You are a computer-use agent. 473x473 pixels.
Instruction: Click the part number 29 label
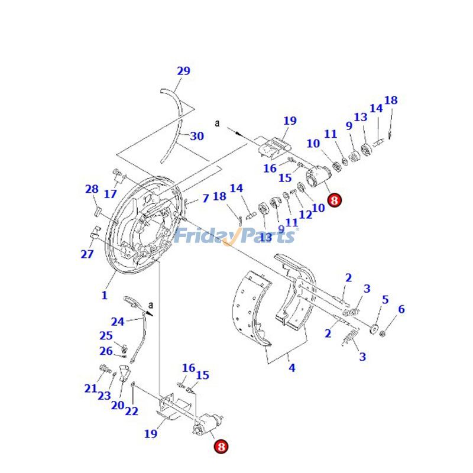[x=183, y=71]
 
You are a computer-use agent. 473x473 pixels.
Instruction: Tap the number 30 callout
[x=197, y=136]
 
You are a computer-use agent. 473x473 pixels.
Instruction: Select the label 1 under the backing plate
[x=105, y=295]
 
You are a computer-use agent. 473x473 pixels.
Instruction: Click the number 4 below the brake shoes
[x=291, y=368]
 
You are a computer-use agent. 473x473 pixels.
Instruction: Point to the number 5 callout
[x=385, y=300]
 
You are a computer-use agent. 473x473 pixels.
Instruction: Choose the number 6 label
[x=401, y=309]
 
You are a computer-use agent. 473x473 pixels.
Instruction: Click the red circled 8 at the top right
[x=334, y=200]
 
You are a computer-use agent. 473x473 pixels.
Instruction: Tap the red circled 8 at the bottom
[x=221, y=447]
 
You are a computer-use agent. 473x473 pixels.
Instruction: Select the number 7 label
[x=205, y=198]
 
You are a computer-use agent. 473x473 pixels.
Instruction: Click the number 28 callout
[x=92, y=189]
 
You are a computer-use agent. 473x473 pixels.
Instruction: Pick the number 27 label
[x=87, y=254]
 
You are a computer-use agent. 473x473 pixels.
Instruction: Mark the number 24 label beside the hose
[x=118, y=322]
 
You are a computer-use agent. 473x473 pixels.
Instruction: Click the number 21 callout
[x=90, y=388]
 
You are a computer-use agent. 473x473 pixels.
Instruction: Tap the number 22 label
[x=132, y=412]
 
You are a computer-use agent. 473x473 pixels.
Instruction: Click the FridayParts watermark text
[x=235, y=237]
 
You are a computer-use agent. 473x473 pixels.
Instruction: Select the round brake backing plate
[x=142, y=225]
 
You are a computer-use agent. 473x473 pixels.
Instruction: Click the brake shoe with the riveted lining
[x=254, y=307]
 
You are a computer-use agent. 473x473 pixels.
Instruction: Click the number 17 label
[x=111, y=193]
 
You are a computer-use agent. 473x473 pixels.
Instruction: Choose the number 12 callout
[x=305, y=215]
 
